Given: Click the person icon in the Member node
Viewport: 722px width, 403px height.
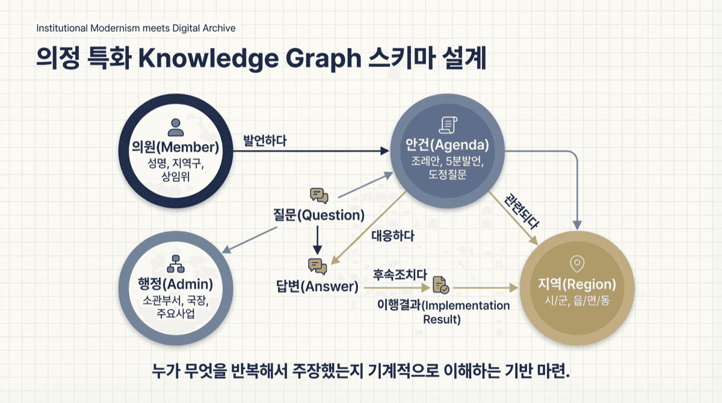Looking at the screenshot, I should [x=176, y=126].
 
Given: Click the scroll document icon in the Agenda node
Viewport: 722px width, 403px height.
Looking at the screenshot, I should [x=448, y=125].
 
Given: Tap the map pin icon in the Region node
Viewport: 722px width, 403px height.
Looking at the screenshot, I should [x=577, y=263].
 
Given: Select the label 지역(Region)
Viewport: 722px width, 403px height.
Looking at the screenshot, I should [x=577, y=284].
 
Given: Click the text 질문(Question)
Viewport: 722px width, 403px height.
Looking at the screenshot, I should [x=319, y=214].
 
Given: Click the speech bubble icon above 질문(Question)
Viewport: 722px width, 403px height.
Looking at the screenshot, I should [x=319, y=195].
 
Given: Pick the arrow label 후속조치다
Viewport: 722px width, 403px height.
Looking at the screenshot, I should [x=395, y=273].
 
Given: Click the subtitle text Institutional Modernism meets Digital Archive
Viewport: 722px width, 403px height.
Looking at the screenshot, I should [x=136, y=28].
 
